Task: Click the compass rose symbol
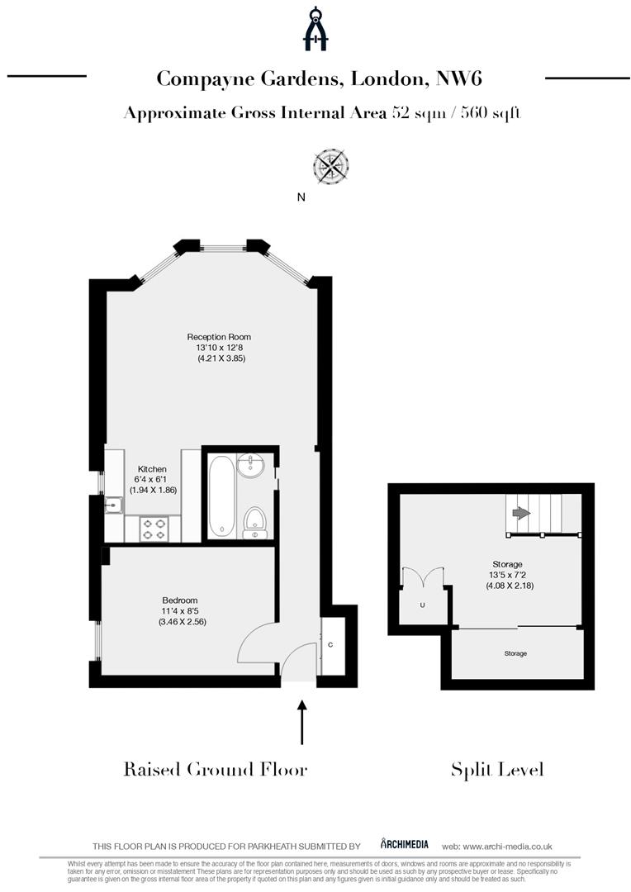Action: tap(331, 166)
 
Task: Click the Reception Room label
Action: tap(219, 337)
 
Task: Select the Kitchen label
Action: tap(152, 469)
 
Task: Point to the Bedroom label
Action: tap(180, 600)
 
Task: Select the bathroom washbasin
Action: tap(251, 467)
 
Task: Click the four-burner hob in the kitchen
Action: tap(154, 529)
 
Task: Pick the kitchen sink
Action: tap(113, 503)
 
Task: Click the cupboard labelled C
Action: tap(330, 644)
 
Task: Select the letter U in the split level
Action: tap(422, 605)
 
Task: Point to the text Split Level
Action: tap(497, 770)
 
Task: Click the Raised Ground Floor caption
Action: tap(216, 770)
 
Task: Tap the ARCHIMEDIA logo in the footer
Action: tap(405, 844)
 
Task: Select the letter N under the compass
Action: tap(301, 197)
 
